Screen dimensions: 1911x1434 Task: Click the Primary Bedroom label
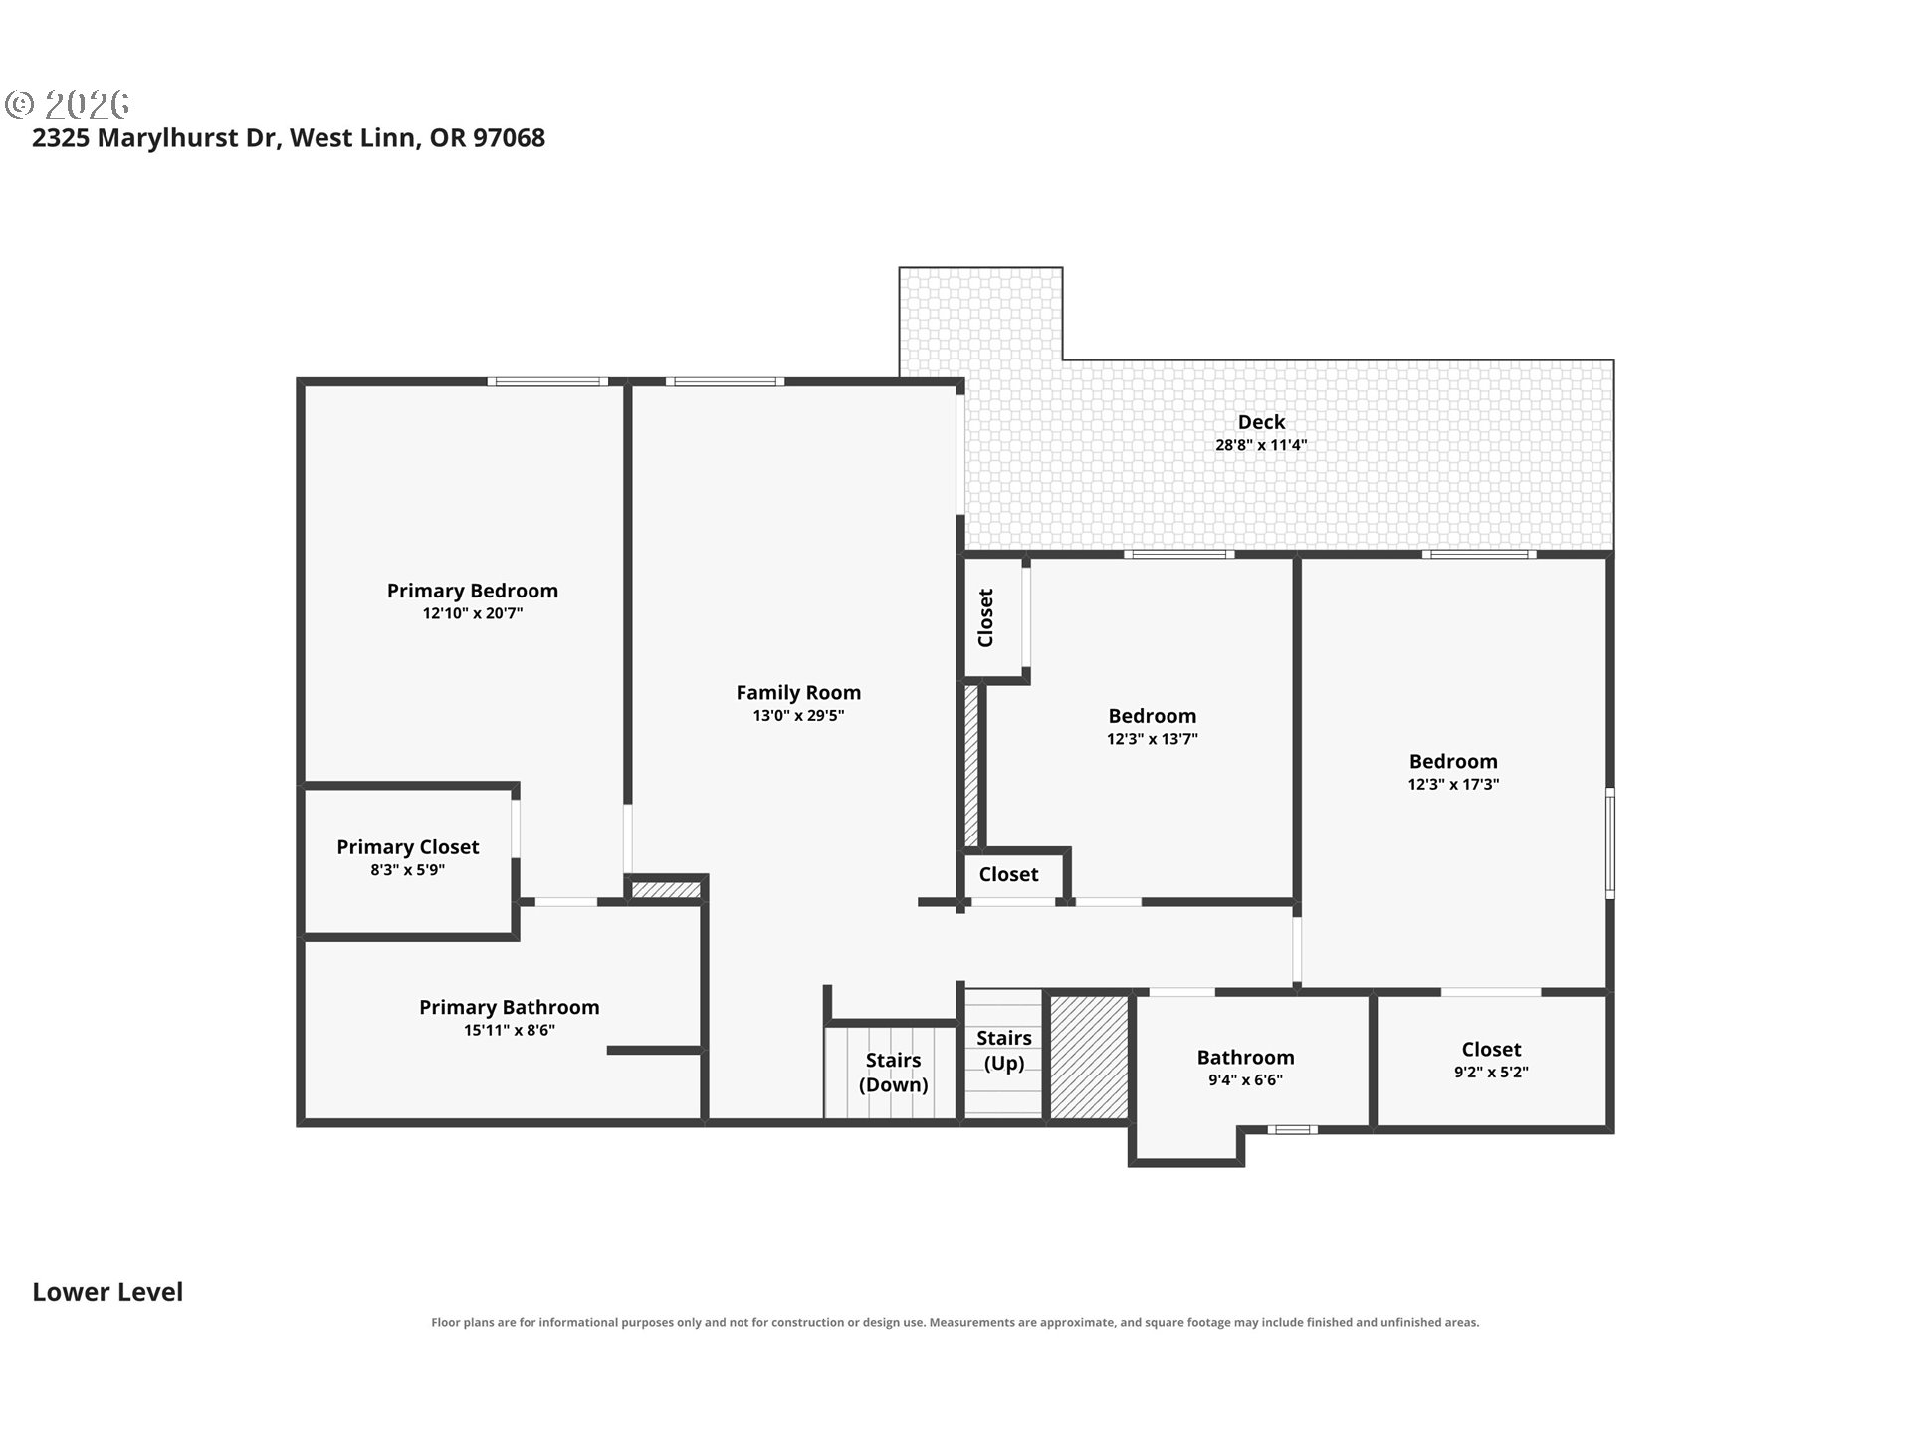click(472, 591)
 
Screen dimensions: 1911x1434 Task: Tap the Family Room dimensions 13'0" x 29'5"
click(798, 715)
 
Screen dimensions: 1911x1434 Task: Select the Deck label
click(1261, 422)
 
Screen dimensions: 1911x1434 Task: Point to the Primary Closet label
click(408, 847)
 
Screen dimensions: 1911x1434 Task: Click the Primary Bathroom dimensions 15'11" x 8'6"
click(509, 1030)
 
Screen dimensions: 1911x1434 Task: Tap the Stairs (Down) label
click(893, 1073)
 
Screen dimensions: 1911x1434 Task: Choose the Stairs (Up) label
click(1003, 1050)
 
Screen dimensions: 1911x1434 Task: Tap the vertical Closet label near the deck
click(985, 617)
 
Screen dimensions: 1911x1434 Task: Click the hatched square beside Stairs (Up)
click(1090, 1057)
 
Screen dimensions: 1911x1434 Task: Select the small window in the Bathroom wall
click(1292, 1129)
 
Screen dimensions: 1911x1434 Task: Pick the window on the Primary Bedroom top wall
click(546, 381)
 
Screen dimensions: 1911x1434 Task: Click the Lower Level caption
click(107, 1292)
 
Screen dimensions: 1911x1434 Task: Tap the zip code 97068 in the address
click(509, 137)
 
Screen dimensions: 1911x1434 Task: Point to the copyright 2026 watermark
click(68, 104)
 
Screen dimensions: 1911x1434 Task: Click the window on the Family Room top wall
click(725, 381)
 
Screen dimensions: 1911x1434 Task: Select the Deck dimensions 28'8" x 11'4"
click(1261, 445)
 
